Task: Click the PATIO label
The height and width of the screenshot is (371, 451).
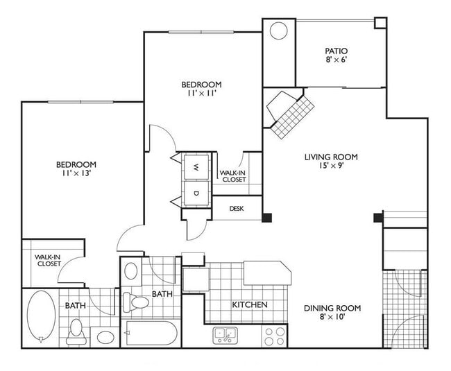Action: [x=336, y=51]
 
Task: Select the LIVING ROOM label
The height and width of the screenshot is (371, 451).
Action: [x=330, y=157]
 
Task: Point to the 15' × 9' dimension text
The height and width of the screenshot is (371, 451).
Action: [x=330, y=167]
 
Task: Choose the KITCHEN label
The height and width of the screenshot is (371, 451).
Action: [x=249, y=305]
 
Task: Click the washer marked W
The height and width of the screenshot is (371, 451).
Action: [x=196, y=167]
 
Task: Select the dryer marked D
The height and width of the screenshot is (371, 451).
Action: [x=196, y=192]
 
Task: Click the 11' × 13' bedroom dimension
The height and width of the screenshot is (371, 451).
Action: [x=76, y=174]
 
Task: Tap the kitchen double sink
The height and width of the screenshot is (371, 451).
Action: [x=225, y=336]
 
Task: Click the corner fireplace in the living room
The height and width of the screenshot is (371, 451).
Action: [x=286, y=111]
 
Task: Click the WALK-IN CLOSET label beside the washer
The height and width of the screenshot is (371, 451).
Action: [x=232, y=176]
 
